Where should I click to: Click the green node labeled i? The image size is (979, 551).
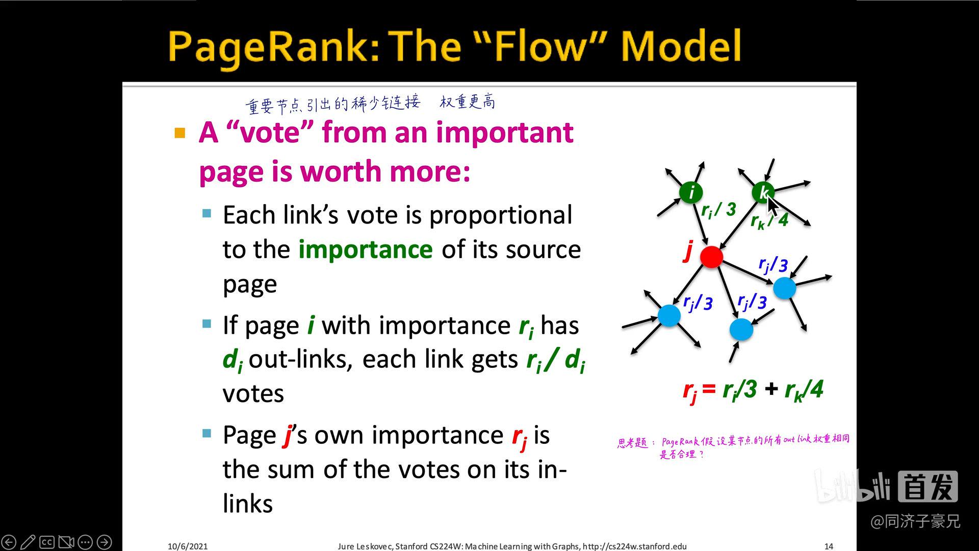coord(691,192)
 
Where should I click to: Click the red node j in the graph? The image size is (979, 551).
coord(711,257)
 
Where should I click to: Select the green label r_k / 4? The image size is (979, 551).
coord(769,220)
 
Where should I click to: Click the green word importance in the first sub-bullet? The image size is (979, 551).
coord(365,249)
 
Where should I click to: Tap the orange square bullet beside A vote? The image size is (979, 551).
coord(179,134)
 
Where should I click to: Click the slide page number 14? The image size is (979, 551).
coord(829,546)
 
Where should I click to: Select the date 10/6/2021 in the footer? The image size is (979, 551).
coord(188,546)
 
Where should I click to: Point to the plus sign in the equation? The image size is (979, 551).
coord(771,389)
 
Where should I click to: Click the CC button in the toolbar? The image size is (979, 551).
coord(47,542)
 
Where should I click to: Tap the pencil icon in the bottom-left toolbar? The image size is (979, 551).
coord(28,542)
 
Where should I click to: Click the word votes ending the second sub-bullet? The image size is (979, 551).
coord(253,394)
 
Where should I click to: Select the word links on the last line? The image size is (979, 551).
coord(248,504)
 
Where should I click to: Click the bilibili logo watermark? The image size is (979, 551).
coord(852,487)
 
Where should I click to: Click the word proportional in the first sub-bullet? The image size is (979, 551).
coord(500,215)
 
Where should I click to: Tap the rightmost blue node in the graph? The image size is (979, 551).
coord(784,288)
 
